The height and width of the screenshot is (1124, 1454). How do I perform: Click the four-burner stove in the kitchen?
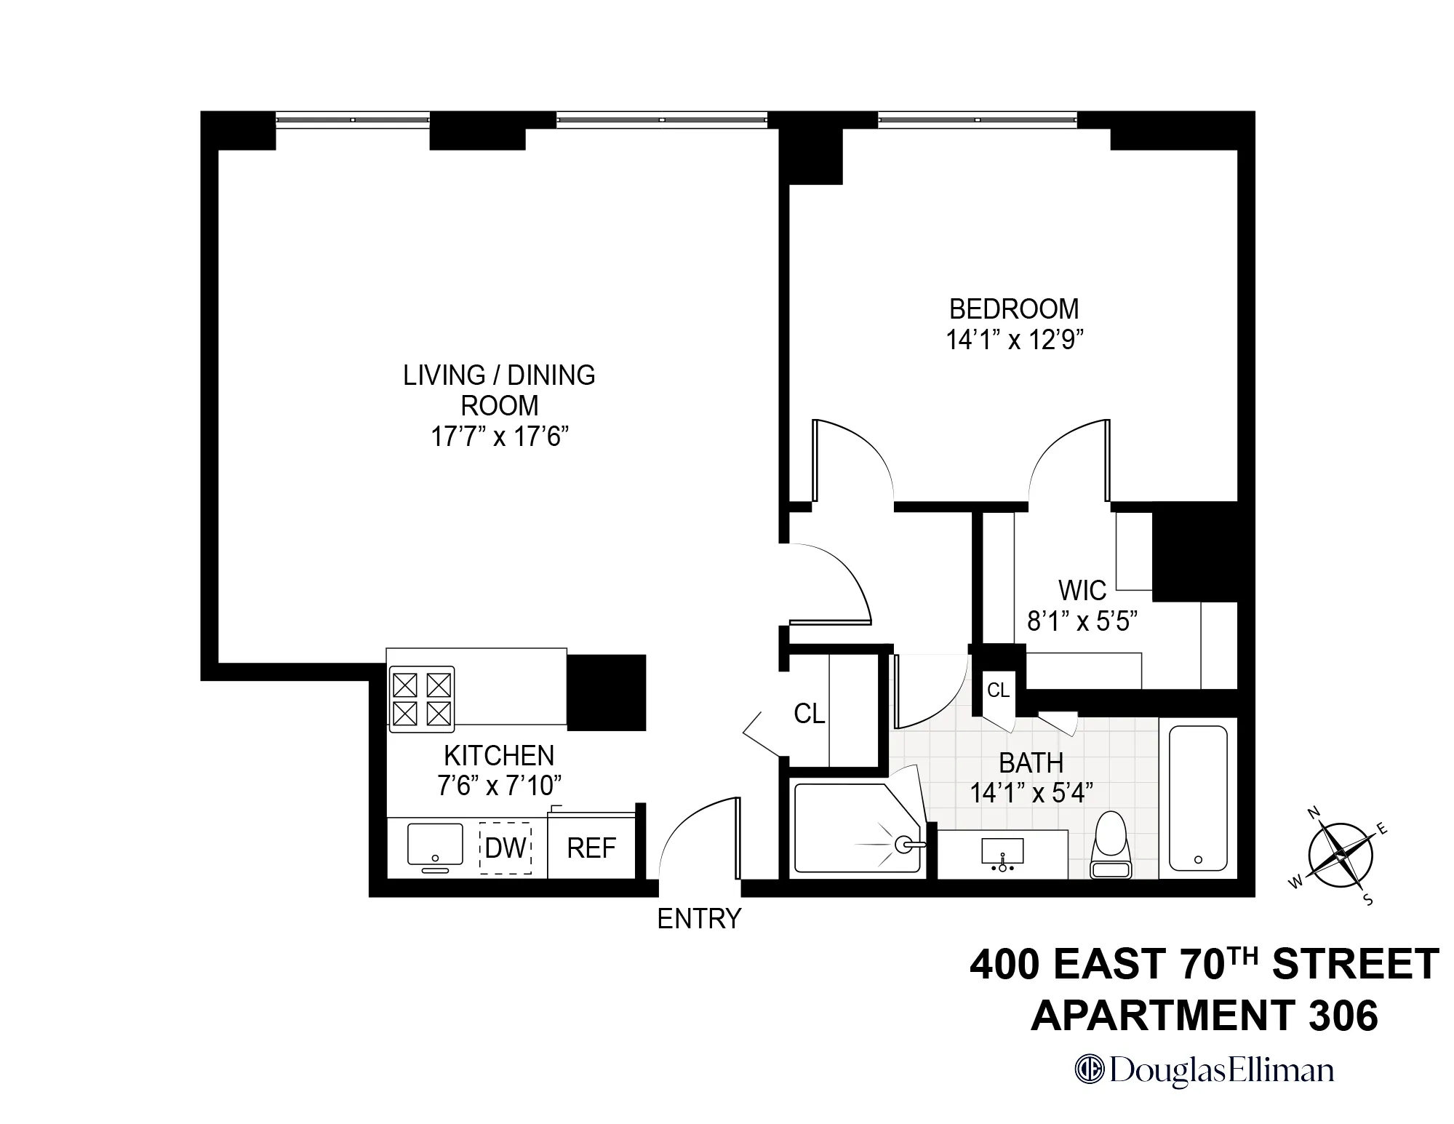pyautogui.click(x=421, y=698)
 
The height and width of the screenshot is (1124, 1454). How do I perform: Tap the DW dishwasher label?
pyautogui.click(x=506, y=848)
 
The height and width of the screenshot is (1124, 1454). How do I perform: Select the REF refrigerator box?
pyautogui.click(x=591, y=848)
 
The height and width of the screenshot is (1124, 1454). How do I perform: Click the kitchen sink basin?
pyautogui.click(x=435, y=845)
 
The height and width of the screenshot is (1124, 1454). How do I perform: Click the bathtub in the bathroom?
pyautogui.click(x=1197, y=797)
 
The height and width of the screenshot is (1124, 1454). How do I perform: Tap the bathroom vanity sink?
pyautogui.click(x=1003, y=852)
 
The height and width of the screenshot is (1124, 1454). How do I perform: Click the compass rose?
pyautogui.click(x=1341, y=856)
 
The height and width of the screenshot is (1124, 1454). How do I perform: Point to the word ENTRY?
pyautogui.click(x=699, y=920)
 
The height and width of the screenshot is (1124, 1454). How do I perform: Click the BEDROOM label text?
pyautogui.click(x=1014, y=309)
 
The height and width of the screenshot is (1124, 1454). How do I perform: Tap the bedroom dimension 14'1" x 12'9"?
pyautogui.click(x=1014, y=340)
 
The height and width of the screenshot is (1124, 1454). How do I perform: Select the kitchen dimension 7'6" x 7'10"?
pyautogui.click(x=499, y=786)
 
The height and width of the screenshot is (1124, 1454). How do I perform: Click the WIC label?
pyautogui.click(x=1082, y=590)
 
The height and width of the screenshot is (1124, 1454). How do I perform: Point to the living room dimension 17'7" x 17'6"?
pyautogui.click(x=499, y=437)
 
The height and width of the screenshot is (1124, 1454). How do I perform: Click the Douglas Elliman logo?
pyautogui.click(x=1205, y=1071)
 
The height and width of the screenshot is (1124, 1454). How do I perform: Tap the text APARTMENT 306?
pyautogui.click(x=1204, y=1016)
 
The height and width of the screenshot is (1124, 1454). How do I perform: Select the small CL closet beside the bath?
pyautogui.click(x=998, y=690)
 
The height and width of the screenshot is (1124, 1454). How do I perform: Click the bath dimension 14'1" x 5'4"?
pyautogui.click(x=1031, y=793)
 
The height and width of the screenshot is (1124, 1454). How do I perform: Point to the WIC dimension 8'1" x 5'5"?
pyautogui.click(x=1082, y=621)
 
